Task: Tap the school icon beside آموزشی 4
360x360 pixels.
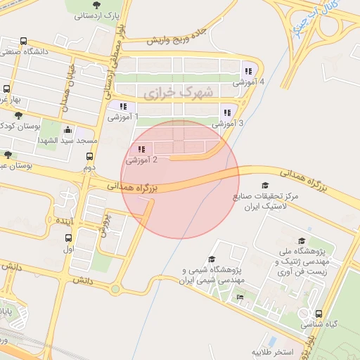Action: click(247, 70)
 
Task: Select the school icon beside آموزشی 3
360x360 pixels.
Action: click(226, 112)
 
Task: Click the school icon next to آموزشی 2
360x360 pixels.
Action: click(142, 150)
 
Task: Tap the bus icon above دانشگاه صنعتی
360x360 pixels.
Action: click(25, 41)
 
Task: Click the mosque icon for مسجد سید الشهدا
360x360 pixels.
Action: click(67, 130)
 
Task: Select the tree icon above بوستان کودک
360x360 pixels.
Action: click(18, 115)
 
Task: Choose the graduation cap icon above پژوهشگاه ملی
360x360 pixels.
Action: click(302, 241)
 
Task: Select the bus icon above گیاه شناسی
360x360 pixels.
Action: click(320, 314)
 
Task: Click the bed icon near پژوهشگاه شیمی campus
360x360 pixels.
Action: click(240, 298)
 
